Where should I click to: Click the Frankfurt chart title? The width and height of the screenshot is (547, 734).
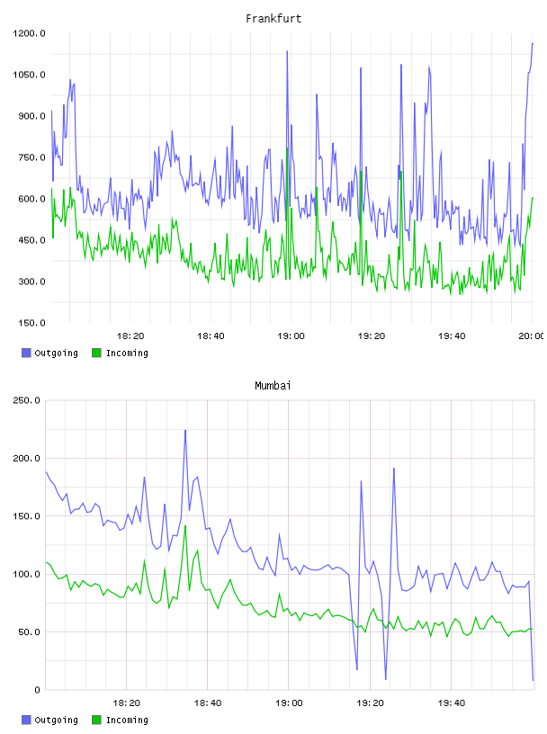[x=273, y=19]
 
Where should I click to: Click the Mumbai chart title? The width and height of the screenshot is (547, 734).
[x=273, y=386]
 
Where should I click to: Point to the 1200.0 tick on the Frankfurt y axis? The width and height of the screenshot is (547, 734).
[x=29, y=33]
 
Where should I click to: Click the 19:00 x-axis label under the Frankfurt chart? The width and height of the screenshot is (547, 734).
[x=291, y=336]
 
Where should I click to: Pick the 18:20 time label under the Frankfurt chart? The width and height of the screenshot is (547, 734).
[x=130, y=336]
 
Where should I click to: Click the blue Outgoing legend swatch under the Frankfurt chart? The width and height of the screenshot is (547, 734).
[x=26, y=353]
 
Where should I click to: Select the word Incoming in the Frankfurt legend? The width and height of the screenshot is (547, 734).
[x=127, y=354]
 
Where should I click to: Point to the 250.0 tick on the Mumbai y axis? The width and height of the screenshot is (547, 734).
[x=26, y=400]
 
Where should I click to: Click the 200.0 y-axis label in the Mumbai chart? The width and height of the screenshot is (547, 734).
[x=26, y=458]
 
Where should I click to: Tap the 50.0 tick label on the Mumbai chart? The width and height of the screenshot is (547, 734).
[x=29, y=632]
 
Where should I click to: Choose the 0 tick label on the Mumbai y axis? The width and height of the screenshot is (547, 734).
[x=38, y=690]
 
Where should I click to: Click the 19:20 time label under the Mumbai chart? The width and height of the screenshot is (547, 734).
[x=370, y=703]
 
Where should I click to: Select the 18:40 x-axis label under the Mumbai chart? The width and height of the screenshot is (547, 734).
[x=208, y=703]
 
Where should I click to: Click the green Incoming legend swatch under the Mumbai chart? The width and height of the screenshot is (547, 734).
[x=96, y=720]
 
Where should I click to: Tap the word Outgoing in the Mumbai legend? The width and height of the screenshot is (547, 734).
[x=56, y=721]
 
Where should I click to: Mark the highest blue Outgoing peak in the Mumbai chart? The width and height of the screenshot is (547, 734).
[x=185, y=430]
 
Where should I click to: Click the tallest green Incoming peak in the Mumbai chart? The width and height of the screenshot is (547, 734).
[x=185, y=525]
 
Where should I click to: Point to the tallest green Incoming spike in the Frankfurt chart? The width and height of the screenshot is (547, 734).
[x=287, y=148]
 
